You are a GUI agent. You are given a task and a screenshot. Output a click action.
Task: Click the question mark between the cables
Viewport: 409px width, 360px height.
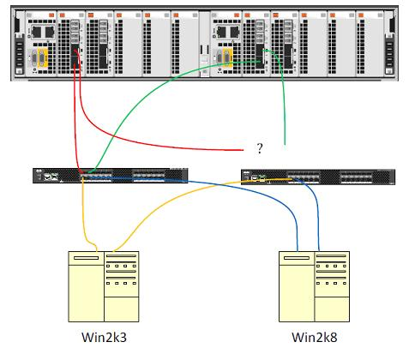259,148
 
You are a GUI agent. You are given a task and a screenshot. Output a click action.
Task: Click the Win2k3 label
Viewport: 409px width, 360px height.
104,337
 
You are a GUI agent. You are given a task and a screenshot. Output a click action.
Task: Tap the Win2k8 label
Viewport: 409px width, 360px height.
315,337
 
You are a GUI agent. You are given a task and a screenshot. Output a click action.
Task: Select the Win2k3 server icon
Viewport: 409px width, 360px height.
104,286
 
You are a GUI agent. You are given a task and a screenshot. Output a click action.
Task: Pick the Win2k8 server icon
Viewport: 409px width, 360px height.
314,286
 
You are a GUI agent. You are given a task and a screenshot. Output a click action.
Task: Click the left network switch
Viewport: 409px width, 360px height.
111,176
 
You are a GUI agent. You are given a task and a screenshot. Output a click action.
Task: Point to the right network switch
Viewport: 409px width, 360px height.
318,177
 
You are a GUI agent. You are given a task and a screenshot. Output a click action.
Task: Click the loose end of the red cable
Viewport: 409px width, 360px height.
243,150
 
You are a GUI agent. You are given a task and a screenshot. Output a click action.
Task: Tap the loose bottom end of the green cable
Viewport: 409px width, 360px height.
285,144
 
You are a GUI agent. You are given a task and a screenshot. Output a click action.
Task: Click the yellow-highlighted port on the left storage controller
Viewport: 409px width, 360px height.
42,58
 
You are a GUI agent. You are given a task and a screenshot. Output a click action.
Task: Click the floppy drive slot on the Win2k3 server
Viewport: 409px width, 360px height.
86,258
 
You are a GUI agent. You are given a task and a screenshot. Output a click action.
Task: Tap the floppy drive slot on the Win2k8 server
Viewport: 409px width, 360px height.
297,258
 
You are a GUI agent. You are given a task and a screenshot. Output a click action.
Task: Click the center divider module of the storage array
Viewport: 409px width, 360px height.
204,45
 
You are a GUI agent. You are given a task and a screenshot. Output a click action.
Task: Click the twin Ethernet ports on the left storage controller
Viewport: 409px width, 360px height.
43,32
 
